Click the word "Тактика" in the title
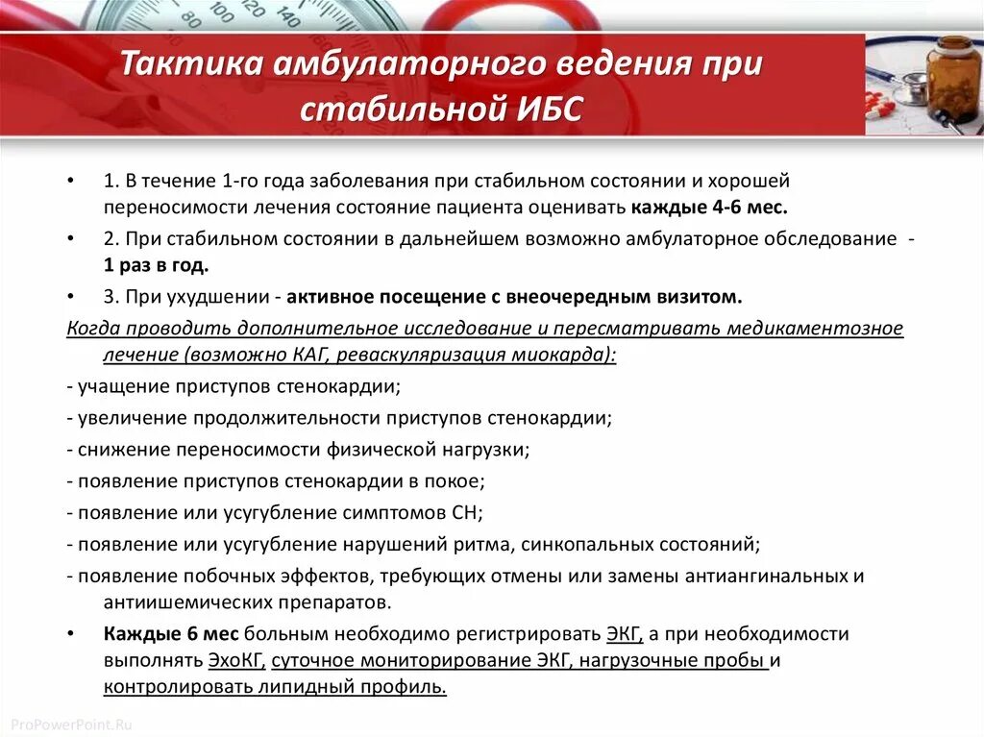pyautogui.click(x=188, y=66)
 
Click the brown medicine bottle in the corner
pyautogui.click(x=954, y=78)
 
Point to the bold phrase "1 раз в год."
pyautogui.click(x=157, y=264)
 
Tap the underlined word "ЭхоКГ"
pyautogui.click(x=237, y=660)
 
